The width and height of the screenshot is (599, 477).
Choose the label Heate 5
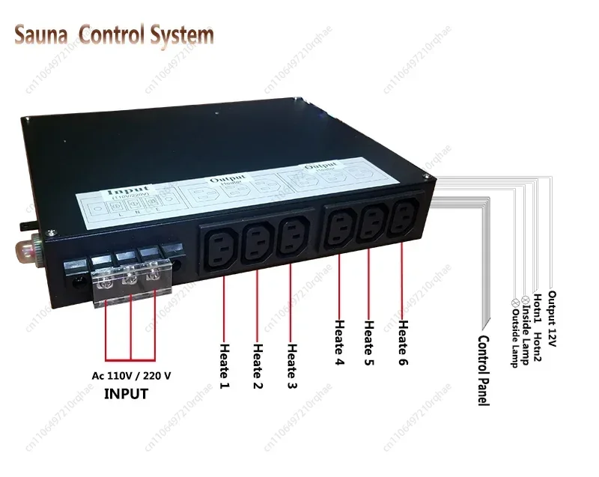[368, 344]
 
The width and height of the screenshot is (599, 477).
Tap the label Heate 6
[402, 344]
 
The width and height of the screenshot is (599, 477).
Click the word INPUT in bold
[126, 392]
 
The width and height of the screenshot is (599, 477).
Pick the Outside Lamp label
[514, 329]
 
